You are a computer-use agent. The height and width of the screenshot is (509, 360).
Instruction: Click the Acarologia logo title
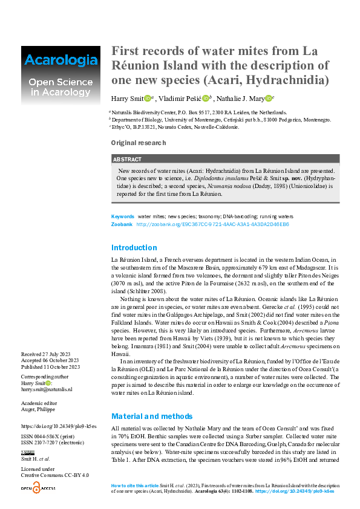pyautogui.click(x=60, y=60)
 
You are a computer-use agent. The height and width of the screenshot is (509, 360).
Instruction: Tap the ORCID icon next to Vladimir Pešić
pyautogui.click(x=205, y=99)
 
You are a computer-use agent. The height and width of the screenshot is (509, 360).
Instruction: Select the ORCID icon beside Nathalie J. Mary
pyautogui.click(x=268, y=99)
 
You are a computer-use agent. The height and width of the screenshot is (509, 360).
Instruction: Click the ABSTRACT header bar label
pyautogui.click(x=127, y=159)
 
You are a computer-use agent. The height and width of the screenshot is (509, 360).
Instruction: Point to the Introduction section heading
pyautogui.click(x=134, y=247)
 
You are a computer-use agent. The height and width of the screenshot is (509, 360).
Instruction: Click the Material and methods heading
pyautogui.click(x=152, y=416)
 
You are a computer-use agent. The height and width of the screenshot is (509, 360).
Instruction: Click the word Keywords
pyautogui.click(x=123, y=216)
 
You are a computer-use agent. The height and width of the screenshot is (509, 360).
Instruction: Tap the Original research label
pyautogui.click(x=138, y=143)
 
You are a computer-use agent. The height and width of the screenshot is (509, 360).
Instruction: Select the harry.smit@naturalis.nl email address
pyautogui.click(x=47, y=389)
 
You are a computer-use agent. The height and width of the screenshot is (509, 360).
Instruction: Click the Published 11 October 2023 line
pyautogui.click(x=50, y=366)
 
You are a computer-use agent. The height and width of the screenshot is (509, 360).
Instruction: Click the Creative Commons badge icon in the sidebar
pyautogui.click(x=28, y=452)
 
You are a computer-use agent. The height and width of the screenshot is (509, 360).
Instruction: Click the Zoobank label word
pyautogui.click(x=122, y=224)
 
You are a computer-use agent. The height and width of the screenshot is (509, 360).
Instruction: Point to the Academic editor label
pyautogui.click(x=41, y=402)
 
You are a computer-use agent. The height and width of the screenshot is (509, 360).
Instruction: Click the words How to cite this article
pyautogui.click(x=134, y=486)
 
